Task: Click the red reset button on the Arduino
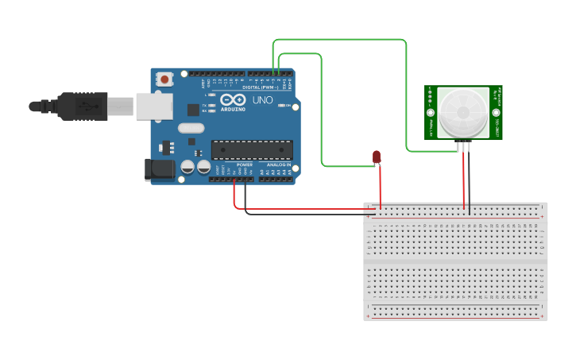click(x=165, y=79)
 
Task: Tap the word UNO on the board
click(x=262, y=101)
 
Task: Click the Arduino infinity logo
click(x=234, y=101)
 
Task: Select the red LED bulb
click(x=377, y=157)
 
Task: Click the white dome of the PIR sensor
click(x=462, y=111)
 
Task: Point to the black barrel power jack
click(x=159, y=169)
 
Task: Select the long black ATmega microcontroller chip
click(x=251, y=149)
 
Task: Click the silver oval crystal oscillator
click(x=191, y=127)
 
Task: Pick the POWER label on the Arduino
click(x=244, y=165)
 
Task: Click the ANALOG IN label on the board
click(x=278, y=165)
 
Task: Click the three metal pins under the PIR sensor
click(x=463, y=146)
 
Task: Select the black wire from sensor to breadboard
click(x=469, y=183)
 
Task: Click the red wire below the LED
click(x=380, y=187)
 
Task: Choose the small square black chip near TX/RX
click(x=193, y=110)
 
